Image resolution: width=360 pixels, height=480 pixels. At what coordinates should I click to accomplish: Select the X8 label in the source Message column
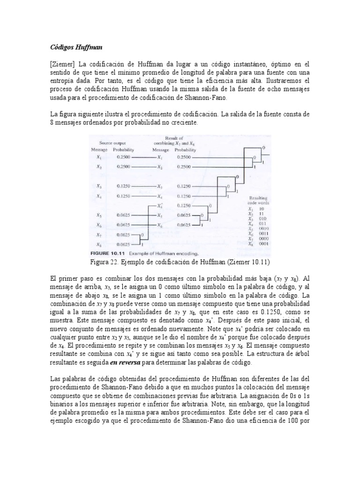coord(99,244)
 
